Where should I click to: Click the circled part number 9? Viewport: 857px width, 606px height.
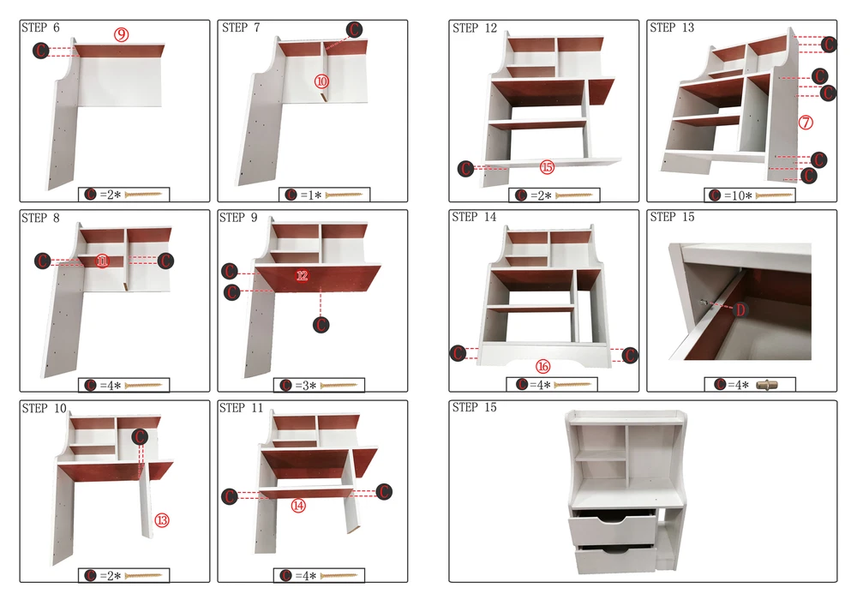[x=122, y=35]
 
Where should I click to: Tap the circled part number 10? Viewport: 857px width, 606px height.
[x=321, y=81]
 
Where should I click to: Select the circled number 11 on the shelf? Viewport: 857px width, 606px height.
[x=102, y=261]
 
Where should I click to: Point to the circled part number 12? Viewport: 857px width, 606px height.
[x=303, y=275]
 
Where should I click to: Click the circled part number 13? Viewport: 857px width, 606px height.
[x=162, y=520]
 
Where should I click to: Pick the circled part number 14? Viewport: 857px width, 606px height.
[x=298, y=506]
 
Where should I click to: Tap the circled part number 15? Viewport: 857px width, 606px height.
[x=547, y=167]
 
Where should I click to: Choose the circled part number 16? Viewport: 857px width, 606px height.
[x=542, y=366]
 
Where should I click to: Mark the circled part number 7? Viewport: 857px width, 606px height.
[x=806, y=123]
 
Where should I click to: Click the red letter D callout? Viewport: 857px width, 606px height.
[x=740, y=310]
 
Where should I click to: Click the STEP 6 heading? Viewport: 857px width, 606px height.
[x=40, y=27]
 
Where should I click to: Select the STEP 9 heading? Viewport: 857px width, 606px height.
[x=238, y=218]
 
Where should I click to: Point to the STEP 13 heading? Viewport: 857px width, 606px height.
[x=672, y=27]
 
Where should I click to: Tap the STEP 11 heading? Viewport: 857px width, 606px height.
[x=241, y=408]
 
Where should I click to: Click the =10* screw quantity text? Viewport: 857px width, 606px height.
[x=738, y=195]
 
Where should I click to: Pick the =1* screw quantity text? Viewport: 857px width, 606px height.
[x=310, y=195]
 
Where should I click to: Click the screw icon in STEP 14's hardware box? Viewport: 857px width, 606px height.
[x=572, y=385]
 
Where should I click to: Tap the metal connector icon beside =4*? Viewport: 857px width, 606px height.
[x=767, y=385]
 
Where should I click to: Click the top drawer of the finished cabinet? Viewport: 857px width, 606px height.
[x=612, y=527]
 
